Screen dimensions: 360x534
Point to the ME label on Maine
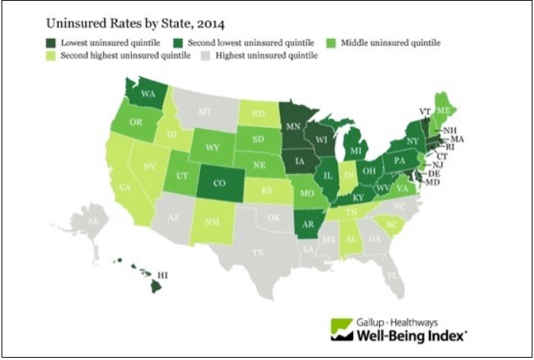pyautogui.click(x=442, y=110)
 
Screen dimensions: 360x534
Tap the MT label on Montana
pyautogui.click(x=205, y=111)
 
